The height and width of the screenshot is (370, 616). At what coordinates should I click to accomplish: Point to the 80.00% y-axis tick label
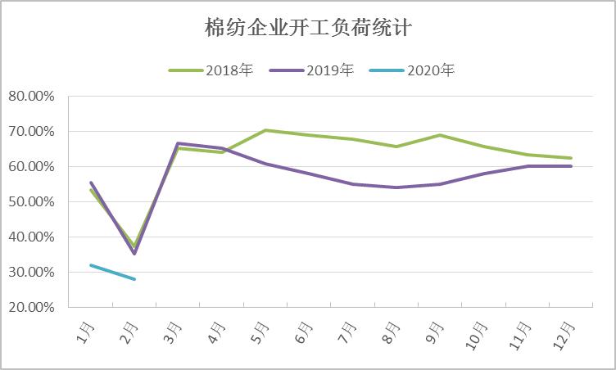tap(31, 96)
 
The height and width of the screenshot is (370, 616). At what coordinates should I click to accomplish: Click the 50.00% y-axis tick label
tap(31, 201)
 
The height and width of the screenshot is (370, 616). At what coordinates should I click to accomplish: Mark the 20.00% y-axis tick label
tap(31, 307)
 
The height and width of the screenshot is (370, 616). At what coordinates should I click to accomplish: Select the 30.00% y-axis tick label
tap(31, 272)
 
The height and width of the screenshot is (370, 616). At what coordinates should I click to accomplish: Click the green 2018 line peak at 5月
tap(265, 130)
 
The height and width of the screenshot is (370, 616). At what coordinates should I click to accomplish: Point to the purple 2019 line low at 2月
tap(134, 253)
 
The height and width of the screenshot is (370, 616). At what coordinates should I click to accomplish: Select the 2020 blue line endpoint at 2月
tap(134, 279)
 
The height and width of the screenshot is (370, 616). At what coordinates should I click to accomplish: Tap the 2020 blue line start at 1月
tap(91, 264)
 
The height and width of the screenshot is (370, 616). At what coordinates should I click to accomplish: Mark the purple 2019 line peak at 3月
tap(178, 143)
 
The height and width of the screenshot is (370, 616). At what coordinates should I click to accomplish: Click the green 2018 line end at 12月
tap(571, 158)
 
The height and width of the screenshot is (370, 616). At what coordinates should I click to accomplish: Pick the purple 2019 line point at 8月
tap(396, 187)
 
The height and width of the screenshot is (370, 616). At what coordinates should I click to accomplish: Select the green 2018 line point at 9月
tap(440, 135)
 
